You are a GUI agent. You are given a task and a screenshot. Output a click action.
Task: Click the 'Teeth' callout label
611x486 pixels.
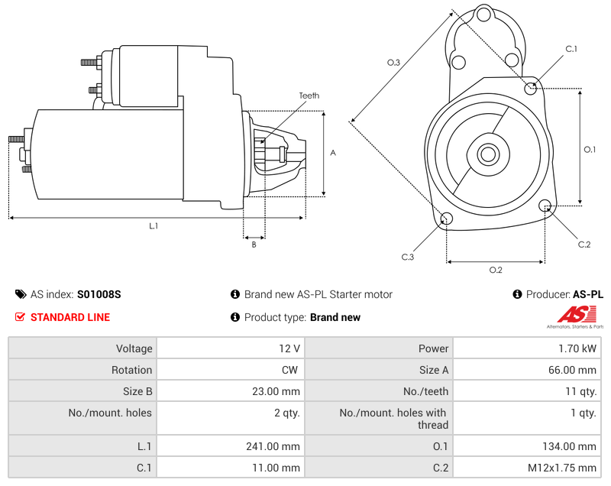[309, 96]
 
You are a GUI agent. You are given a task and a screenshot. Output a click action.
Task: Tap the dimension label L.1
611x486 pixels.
[153, 225]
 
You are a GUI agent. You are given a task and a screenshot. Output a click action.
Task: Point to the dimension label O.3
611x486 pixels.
[394, 63]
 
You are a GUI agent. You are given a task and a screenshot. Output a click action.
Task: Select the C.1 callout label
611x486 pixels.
[571, 49]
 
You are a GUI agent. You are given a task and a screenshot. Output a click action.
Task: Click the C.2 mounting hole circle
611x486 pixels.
[545, 206]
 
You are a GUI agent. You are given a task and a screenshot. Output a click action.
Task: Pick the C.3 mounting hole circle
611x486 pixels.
[448, 220]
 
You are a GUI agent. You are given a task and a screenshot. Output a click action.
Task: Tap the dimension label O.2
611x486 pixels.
[495, 270]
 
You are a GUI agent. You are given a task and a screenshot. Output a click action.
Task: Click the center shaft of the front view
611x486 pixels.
[487, 154]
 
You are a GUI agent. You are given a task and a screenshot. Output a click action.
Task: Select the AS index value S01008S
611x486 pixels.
[99, 294]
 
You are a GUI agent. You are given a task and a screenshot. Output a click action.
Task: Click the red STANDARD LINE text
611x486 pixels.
[70, 317]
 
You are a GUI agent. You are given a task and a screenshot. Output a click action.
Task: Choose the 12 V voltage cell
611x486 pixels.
[289, 348]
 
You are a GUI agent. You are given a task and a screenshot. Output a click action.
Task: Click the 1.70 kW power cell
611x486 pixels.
[581, 348]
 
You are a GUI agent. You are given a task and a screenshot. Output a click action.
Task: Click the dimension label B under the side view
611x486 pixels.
[254, 245]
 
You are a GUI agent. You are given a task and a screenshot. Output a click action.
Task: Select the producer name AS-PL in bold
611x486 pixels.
[587, 294]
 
